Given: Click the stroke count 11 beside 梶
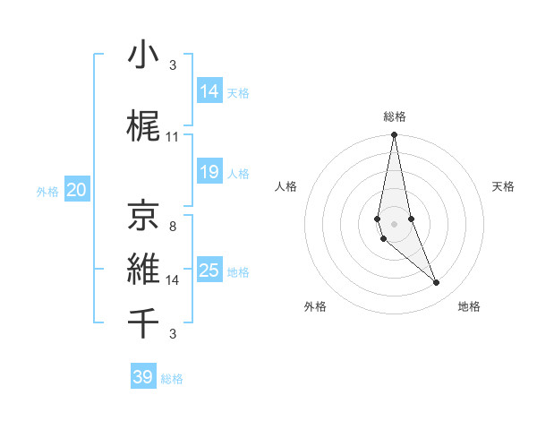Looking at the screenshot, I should point(173,137).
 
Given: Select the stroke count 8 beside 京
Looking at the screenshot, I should point(173,227).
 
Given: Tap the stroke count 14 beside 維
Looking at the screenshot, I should point(173,280).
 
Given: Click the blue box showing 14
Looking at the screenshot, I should point(209,91).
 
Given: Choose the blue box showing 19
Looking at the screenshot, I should point(209,172).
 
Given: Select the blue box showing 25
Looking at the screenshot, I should point(209,271).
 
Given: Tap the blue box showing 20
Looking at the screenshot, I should point(77,190).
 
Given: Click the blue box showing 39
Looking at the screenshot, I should point(143,377).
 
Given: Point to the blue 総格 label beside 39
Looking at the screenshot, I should point(173,379).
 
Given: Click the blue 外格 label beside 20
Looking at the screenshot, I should point(47,191).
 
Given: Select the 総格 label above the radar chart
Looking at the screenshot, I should point(395,116).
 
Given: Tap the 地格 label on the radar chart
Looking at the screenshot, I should point(469,307).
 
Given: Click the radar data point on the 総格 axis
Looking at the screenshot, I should point(395,135).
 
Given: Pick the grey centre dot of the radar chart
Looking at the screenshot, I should point(395,223).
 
